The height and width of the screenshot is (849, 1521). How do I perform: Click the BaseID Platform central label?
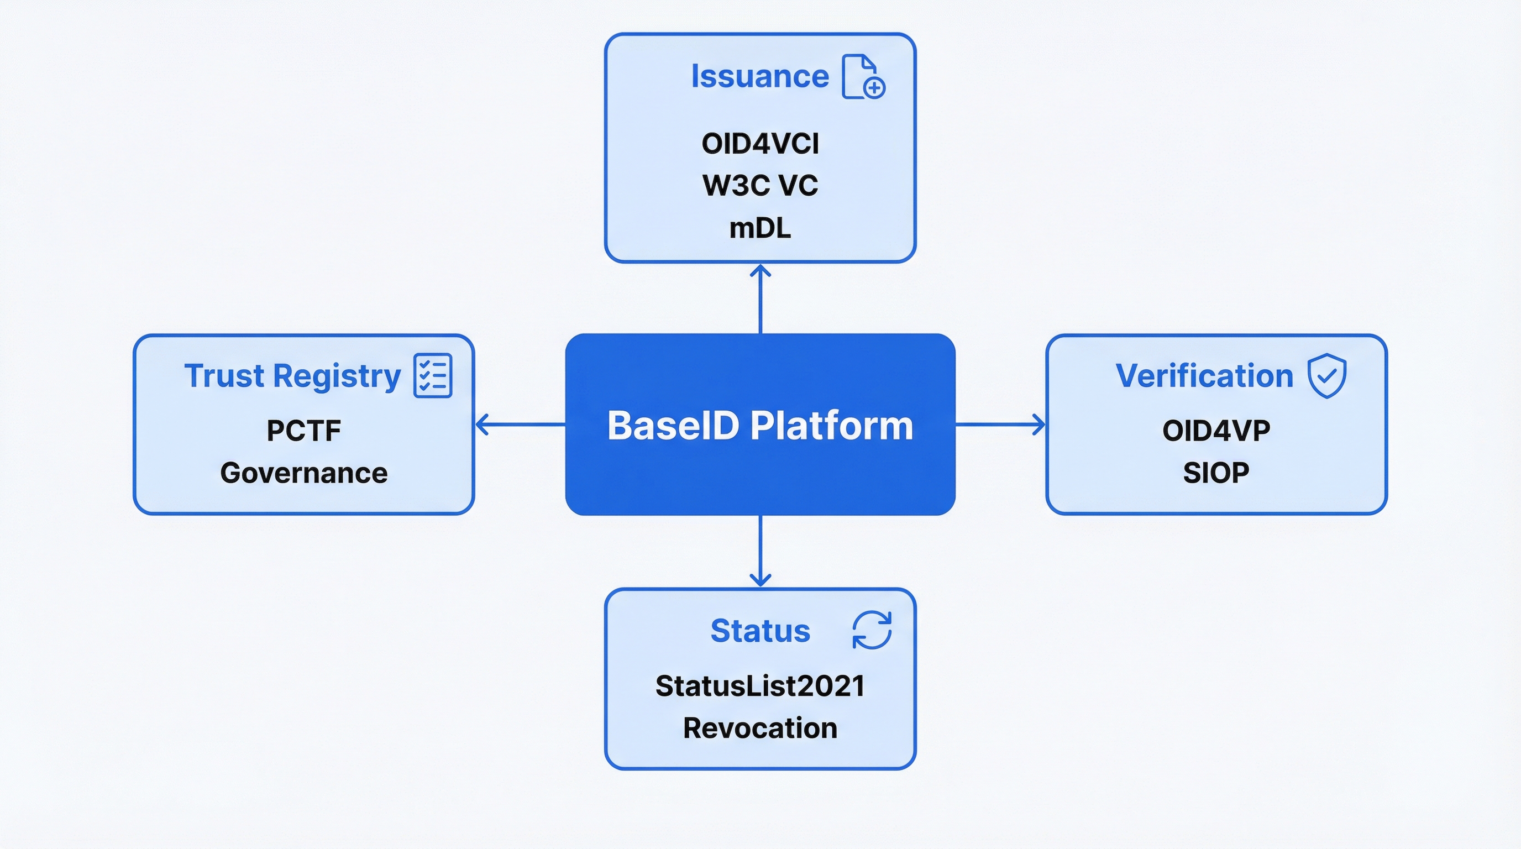(760, 425)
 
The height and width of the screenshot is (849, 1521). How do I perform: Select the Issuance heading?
(760, 76)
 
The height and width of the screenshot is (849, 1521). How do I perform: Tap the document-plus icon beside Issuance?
(863, 77)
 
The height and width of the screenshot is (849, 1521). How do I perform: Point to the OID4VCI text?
(760, 144)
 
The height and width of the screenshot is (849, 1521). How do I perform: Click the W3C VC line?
(760, 185)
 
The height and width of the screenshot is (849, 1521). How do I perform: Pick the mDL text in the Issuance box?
(760, 228)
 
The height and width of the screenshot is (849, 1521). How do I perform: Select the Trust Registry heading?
(292, 375)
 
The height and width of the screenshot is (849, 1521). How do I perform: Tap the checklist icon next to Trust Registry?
(433, 375)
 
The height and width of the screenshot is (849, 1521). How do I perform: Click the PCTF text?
(303, 431)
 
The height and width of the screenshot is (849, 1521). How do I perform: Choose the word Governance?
(303, 473)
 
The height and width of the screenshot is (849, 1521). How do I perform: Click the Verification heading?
(1204, 375)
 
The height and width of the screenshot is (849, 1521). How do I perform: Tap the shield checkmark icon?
(1327, 375)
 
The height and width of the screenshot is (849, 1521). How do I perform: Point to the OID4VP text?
(1216, 431)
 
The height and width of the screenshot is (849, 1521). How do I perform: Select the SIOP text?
(1216, 473)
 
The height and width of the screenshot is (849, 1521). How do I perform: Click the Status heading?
(760, 631)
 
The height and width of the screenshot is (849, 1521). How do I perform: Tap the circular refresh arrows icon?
(872, 630)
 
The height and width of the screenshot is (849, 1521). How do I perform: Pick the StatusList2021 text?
(760, 686)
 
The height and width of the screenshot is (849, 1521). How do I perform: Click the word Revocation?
(760, 728)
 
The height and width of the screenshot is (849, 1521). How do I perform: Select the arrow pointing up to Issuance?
(760, 298)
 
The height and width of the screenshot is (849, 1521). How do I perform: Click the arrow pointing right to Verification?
(1000, 424)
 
